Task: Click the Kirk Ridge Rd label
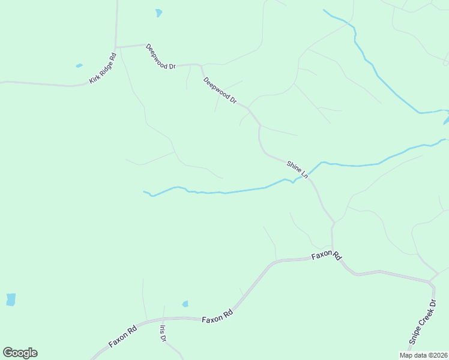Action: click(102, 68)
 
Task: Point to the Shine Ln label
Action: click(297, 169)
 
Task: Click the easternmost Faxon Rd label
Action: click(326, 256)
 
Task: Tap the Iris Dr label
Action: click(163, 334)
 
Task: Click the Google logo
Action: click(20, 353)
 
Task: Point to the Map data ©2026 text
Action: click(423, 355)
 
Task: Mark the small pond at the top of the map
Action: click(158, 13)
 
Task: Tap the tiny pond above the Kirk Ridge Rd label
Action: click(79, 65)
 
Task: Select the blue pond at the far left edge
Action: click(11, 299)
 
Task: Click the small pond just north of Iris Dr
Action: click(185, 304)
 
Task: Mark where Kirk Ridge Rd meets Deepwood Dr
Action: click(115, 46)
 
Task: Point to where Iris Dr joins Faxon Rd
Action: click(163, 319)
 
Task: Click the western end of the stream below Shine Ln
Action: click(144, 192)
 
